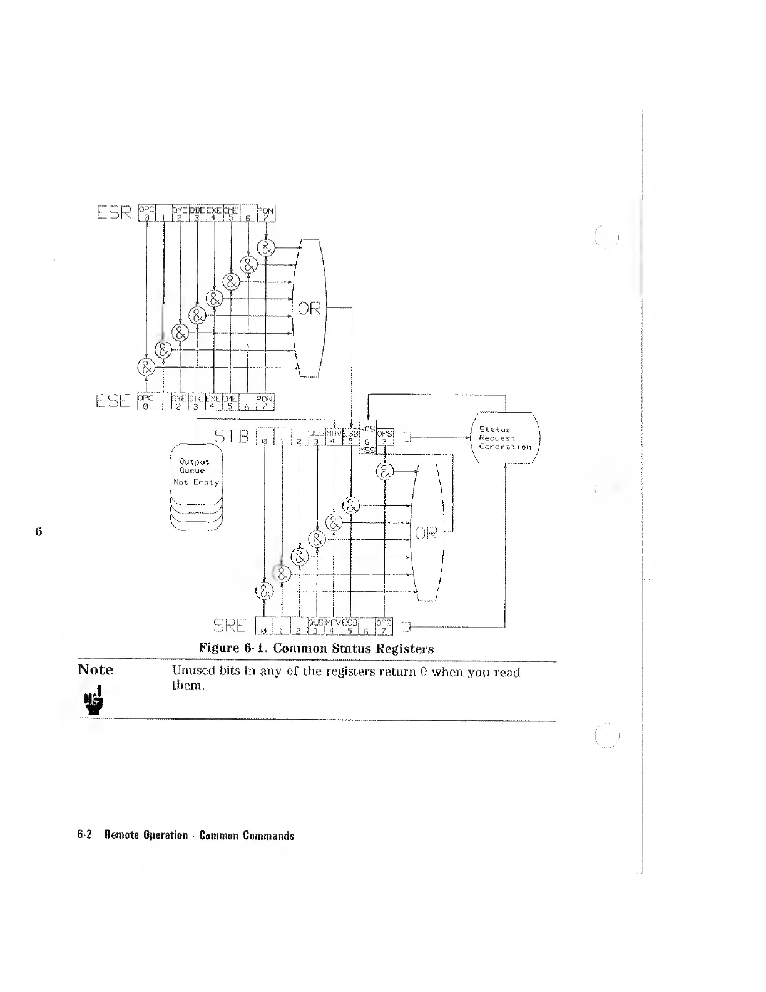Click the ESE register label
click(113, 401)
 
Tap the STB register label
click(232, 436)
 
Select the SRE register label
click(230, 624)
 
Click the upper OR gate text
click(309, 308)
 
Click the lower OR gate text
click(426, 534)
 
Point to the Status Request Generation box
click(504, 438)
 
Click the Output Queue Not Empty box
click(196, 473)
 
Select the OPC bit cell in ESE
click(145, 401)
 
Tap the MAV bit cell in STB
click(334, 437)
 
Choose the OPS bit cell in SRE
click(384, 625)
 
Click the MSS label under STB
click(367, 452)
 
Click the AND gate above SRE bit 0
click(265, 591)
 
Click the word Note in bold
click(96, 670)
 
